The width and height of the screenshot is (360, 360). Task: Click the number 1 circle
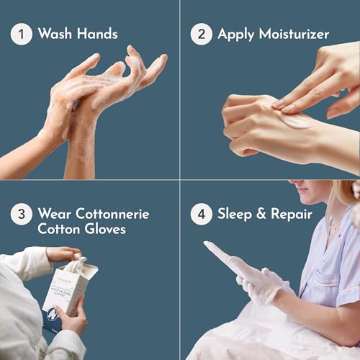click(x=21, y=34)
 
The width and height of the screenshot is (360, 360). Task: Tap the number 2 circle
click(x=202, y=34)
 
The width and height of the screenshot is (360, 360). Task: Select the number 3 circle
click(x=21, y=214)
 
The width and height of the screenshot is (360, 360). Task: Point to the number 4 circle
click(x=202, y=214)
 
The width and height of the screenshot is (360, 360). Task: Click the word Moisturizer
click(x=294, y=34)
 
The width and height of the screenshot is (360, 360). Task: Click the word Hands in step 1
click(x=97, y=34)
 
